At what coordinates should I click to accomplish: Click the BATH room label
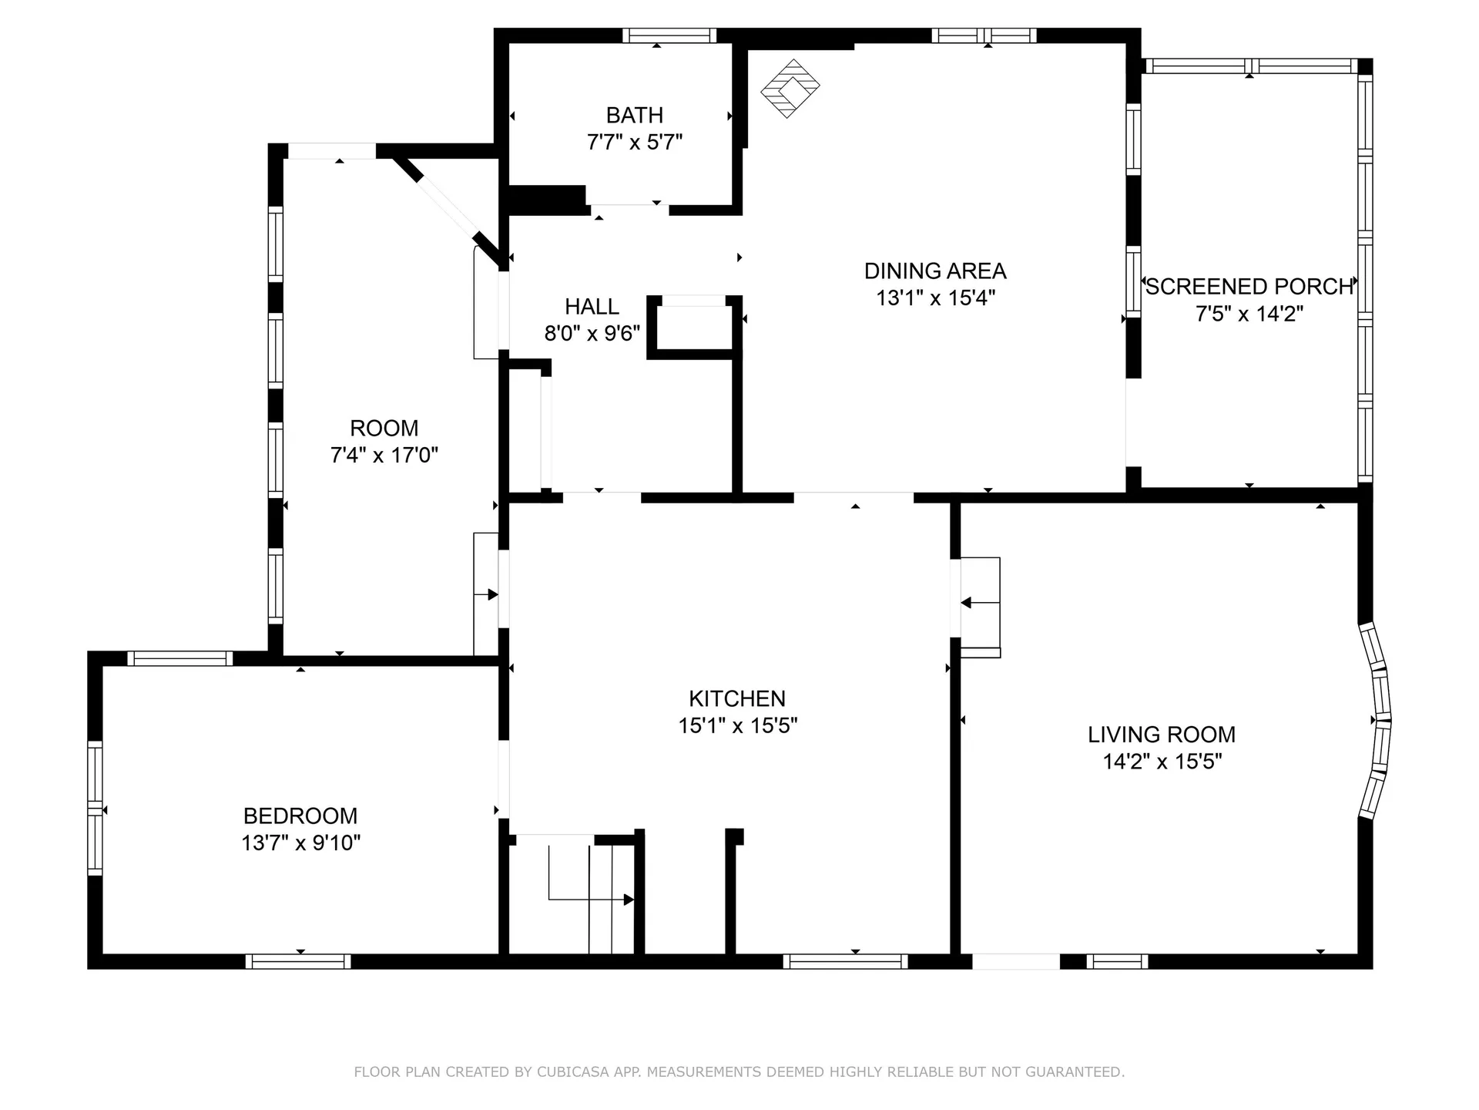point(634,116)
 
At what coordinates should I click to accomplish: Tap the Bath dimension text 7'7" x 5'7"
point(634,143)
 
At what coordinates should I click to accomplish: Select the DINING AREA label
point(934,271)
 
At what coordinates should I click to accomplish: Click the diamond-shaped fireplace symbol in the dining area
point(790,89)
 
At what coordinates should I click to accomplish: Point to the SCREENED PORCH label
point(1249,287)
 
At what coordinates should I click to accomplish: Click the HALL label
point(592,307)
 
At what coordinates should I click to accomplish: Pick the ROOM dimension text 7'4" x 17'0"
point(384,456)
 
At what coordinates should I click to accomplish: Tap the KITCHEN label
point(737,699)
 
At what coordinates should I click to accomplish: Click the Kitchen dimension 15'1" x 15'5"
point(737,726)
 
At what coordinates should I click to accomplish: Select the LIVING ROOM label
point(1161,735)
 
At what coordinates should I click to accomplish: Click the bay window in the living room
point(1377,721)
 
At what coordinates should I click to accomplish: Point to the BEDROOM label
point(300,816)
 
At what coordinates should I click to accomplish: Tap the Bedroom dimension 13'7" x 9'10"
point(300,843)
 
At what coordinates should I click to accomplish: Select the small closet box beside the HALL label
point(693,328)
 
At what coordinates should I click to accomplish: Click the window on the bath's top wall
point(669,35)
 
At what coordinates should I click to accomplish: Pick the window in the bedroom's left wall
point(95,807)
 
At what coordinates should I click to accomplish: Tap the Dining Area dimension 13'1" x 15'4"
point(934,298)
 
